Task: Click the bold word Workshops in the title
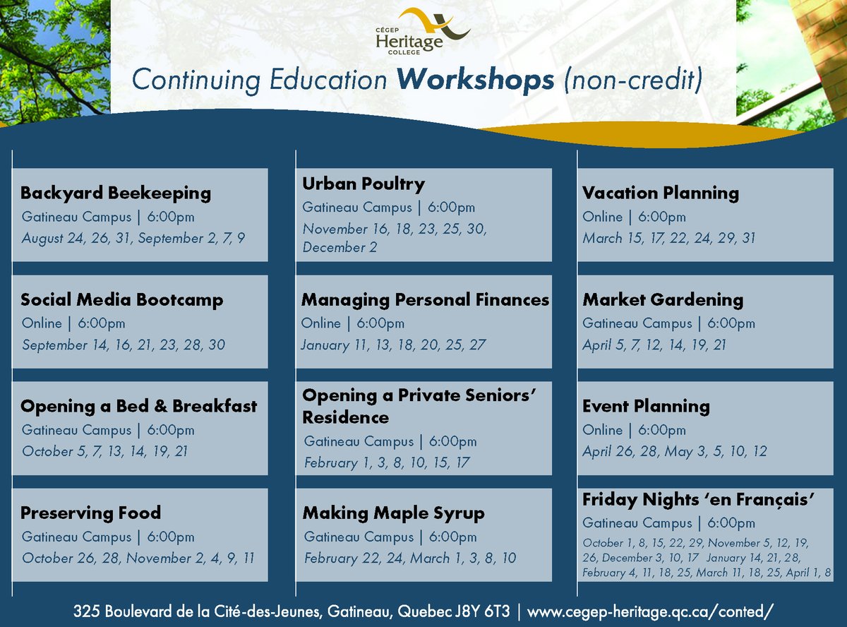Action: tap(475, 80)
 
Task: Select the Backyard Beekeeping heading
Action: tap(116, 193)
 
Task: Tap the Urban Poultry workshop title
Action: tap(364, 184)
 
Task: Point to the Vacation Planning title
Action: tap(661, 193)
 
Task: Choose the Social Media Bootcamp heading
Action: tap(122, 299)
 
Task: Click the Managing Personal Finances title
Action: tap(426, 300)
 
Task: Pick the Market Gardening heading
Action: tap(663, 300)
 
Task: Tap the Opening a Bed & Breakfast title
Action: tap(139, 406)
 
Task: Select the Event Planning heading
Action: tap(646, 406)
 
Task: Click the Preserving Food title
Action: tap(91, 513)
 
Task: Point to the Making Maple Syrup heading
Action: tap(394, 513)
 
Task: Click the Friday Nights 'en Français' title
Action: tap(699, 499)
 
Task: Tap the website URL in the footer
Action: tap(650, 611)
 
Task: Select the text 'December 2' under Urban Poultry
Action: tap(340, 247)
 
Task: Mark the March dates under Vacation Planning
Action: tap(669, 238)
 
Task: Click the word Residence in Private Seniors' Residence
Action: tap(346, 417)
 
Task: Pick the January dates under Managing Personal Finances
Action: tap(393, 345)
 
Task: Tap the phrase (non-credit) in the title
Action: tap(633, 80)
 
